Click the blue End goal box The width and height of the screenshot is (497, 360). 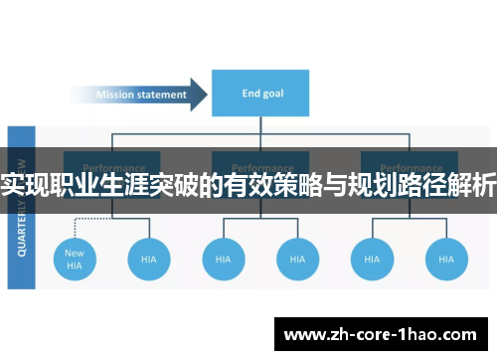(260, 92)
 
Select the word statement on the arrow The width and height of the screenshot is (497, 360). (163, 95)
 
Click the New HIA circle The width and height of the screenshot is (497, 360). (75, 260)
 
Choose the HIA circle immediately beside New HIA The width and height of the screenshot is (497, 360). (148, 260)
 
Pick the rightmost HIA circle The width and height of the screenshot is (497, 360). (446, 260)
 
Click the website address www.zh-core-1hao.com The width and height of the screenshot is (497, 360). (383, 332)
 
